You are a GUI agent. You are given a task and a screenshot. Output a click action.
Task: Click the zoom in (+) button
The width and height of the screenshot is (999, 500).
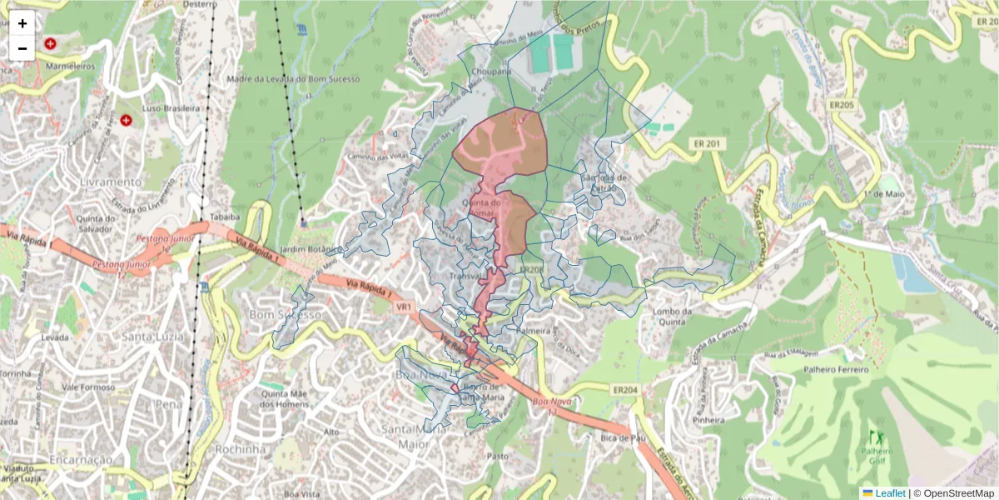22,23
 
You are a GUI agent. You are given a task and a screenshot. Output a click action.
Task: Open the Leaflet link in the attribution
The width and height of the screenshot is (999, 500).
890,493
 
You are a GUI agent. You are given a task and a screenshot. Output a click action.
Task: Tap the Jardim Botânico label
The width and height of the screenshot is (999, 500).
311,249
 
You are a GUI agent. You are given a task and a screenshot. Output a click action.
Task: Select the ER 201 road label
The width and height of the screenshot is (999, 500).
708,144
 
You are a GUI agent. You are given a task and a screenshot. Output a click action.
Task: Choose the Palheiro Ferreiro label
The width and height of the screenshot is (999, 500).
835,369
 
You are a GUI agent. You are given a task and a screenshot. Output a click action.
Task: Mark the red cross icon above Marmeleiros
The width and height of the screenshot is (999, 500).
51,42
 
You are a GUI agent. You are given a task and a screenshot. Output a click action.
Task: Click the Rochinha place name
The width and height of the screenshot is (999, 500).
241,448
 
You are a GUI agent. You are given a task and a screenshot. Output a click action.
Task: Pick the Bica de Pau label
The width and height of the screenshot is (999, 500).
624,437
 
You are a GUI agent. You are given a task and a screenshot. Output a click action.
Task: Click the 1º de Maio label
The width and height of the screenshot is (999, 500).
884,193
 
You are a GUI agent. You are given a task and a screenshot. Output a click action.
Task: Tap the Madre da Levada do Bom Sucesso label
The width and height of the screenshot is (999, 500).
292,79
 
